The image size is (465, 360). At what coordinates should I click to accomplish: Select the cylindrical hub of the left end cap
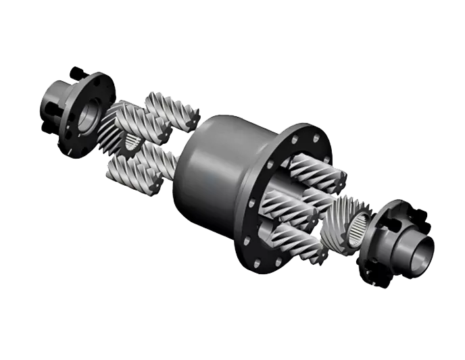point(54,109)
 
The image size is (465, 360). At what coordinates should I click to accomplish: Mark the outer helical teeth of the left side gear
point(112,128)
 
